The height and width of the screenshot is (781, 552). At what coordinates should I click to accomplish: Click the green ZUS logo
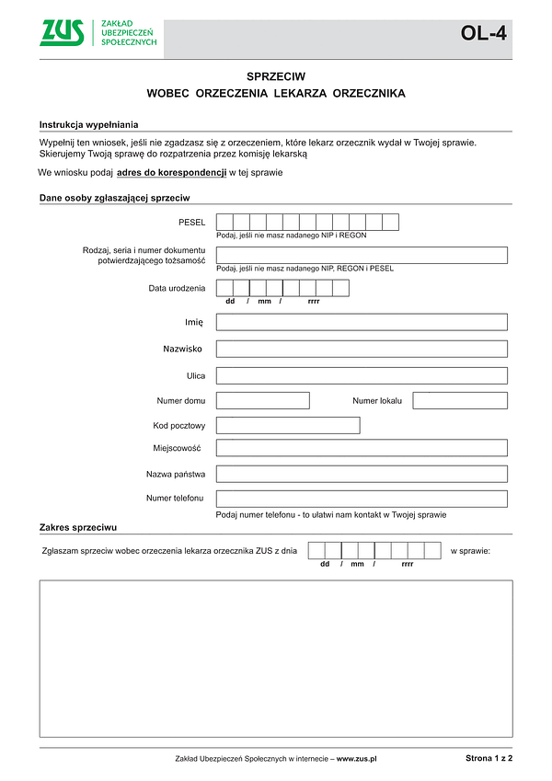click(63, 32)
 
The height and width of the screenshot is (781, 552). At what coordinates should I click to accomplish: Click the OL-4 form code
click(483, 35)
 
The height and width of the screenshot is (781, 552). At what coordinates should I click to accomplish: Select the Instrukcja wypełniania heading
click(88, 124)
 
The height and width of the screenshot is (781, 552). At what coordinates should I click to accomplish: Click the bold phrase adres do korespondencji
click(171, 173)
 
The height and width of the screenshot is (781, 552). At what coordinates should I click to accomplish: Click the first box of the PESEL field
click(224, 222)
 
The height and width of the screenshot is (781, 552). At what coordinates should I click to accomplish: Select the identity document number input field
click(362, 255)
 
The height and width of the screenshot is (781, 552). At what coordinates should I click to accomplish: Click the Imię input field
click(362, 322)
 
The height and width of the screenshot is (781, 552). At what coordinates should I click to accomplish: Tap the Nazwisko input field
click(362, 349)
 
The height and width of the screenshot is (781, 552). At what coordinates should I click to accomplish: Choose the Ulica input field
click(362, 375)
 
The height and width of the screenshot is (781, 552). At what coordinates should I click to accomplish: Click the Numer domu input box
click(262, 400)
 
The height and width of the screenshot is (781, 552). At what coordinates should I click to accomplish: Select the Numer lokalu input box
click(460, 400)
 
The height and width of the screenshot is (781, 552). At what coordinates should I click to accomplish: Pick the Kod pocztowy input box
click(288, 425)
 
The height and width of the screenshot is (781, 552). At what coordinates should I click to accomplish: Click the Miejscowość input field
click(362, 448)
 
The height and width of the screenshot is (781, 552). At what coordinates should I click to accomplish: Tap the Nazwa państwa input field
click(362, 474)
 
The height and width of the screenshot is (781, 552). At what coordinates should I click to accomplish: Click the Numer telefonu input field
click(362, 499)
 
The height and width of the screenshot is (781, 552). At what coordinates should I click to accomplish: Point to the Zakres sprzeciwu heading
click(77, 528)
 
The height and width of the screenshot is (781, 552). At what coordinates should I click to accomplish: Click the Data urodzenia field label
click(177, 289)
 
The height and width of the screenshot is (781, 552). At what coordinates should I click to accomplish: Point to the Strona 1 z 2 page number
click(489, 758)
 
